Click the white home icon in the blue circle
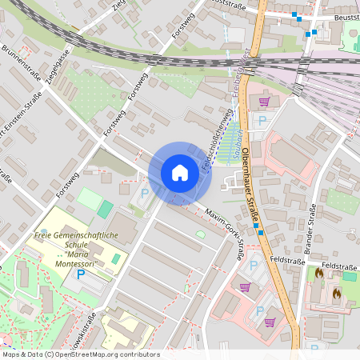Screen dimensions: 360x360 pyautogui.click(x=180, y=172)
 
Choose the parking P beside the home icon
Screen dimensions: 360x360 pyautogui.click(x=145, y=192)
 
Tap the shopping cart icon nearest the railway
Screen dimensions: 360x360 pyautogui.click(x=264, y=102)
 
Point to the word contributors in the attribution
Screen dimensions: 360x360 pyautogui.click(x=140, y=354)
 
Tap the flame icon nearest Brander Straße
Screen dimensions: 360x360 pyautogui.click(x=319, y=273)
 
